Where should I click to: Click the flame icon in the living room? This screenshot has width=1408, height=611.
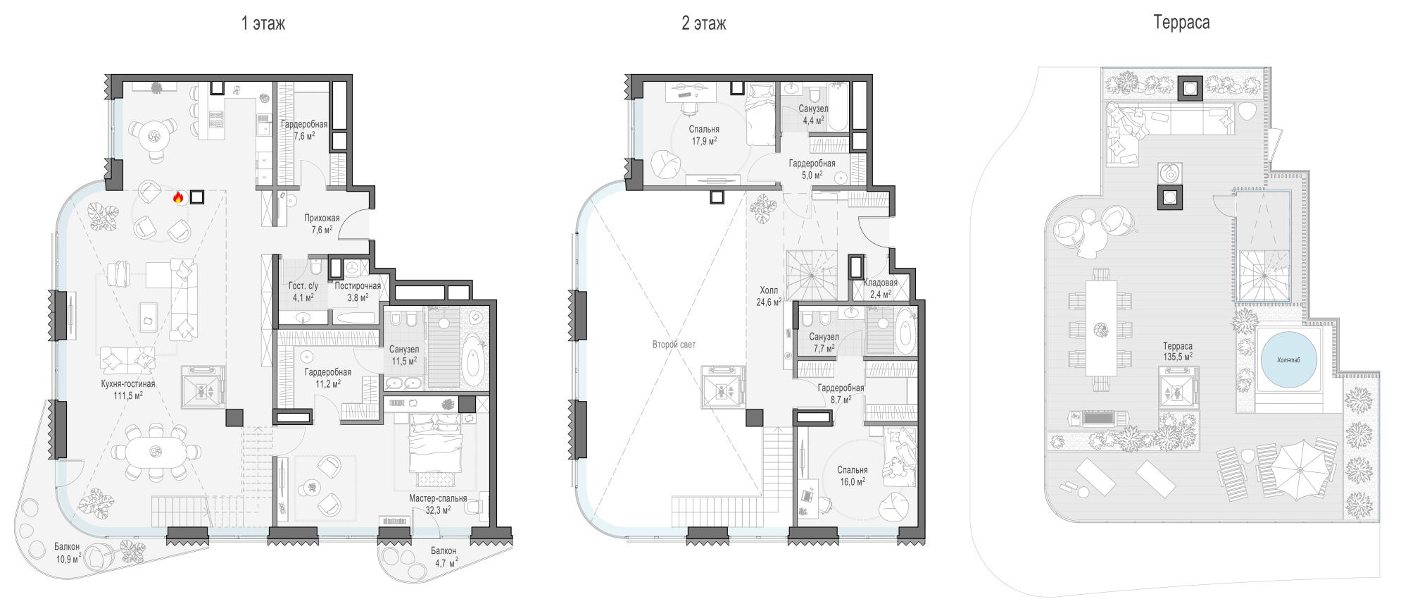click(x=178, y=198)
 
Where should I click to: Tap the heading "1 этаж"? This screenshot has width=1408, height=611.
click(x=263, y=23)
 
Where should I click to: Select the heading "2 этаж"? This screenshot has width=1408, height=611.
click(x=703, y=23)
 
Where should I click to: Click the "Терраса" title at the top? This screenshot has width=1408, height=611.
click(x=1181, y=23)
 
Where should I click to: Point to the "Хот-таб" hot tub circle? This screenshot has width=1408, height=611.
click(x=1288, y=359)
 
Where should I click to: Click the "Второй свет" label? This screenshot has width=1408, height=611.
click(x=674, y=345)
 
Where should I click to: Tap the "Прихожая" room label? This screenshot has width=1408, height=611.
click(x=322, y=218)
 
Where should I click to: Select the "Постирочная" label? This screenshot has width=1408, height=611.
click(x=358, y=285)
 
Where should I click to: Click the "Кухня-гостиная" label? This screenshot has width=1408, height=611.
click(x=128, y=384)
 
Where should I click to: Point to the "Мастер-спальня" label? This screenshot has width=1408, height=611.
click(x=438, y=498)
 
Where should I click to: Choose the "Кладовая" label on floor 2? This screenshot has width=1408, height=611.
click(x=880, y=283)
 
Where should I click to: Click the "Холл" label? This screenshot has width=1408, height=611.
click(x=769, y=290)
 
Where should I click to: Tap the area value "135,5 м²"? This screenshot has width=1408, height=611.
click(x=1178, y=357)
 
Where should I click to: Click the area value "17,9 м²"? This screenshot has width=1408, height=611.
click(x=704, y=141)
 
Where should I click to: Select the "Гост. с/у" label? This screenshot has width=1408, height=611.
click(x=303, y=285)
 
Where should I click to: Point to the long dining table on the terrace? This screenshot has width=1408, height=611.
click(x=1101, y=328)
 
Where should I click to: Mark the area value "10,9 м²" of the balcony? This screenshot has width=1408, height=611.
click(x=68, y=560)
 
